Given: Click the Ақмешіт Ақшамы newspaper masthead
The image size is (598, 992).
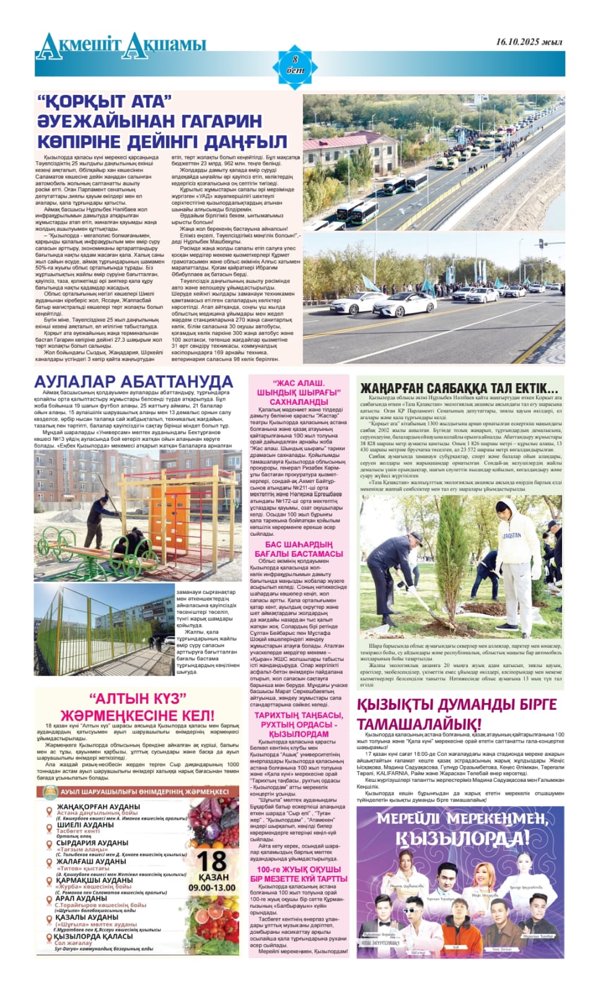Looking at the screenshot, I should pyautogui.click(x=121, y=45).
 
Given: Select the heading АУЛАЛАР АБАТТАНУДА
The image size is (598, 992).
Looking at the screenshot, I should pyautogui.click(x=133, y=381).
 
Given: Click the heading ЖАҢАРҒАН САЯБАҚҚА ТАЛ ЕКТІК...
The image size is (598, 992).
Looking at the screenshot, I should pyautogui.click(x=459, y=388).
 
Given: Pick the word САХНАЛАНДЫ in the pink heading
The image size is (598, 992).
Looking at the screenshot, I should pyautogui.click(x=299, y=402).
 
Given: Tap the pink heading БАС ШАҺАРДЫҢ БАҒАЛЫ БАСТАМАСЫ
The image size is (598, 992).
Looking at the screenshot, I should pyautogui.click(x=299, y=549).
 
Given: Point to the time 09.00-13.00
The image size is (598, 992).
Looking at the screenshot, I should pyautogui.click(x=212, y=887).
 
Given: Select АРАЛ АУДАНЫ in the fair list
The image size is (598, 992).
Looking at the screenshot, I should pyautogui.click(x=81, y=898).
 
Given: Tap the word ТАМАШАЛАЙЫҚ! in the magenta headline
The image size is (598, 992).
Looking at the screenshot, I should pyautogui.click(x=419, y=724).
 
